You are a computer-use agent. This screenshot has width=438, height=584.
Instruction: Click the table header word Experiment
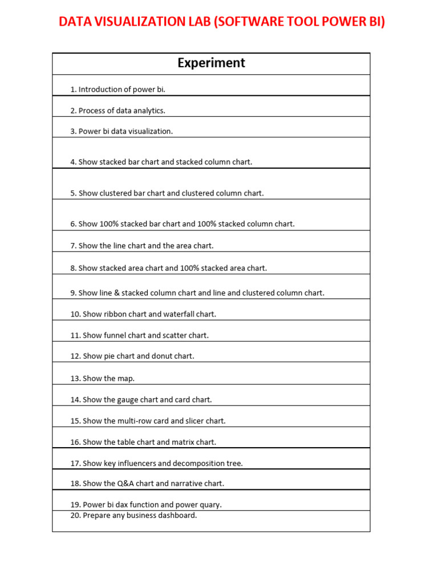(211, 63)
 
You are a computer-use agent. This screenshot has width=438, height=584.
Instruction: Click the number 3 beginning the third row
(72, 131)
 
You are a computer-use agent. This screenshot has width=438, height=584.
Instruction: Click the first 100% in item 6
(108, 224)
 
